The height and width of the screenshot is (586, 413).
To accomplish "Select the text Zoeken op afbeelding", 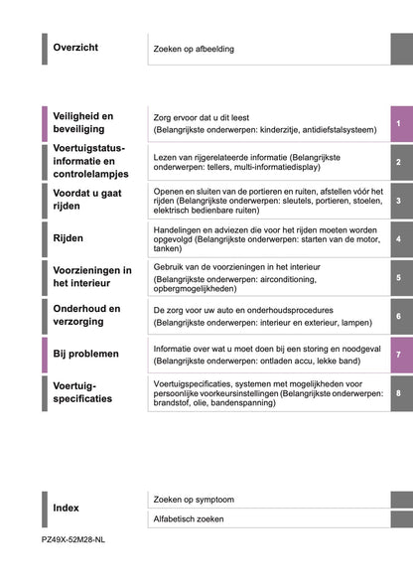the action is click(x=196, y=48).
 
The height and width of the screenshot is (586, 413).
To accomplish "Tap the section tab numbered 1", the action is click(x=397, y=123).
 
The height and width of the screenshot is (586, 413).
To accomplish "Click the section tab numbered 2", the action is click(x=397, y=162).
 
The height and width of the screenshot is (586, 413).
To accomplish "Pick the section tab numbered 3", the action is click(x=397, y=201).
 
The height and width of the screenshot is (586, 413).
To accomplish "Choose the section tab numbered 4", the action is click(x=397, y=239).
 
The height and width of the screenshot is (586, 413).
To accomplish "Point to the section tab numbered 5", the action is click(x=397, y=278).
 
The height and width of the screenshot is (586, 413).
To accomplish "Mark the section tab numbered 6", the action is click(x=397, y=316).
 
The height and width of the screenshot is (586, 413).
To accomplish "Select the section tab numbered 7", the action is click(x=397, y=355).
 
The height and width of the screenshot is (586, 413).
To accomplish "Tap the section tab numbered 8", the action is click(x=397, y=393).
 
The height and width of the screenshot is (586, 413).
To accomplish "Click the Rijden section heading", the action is click(x=69, y=238).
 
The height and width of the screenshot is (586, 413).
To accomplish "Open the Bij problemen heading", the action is click(x=86, y=354).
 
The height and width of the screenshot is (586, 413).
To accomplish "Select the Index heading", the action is click(x=66, y=508).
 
